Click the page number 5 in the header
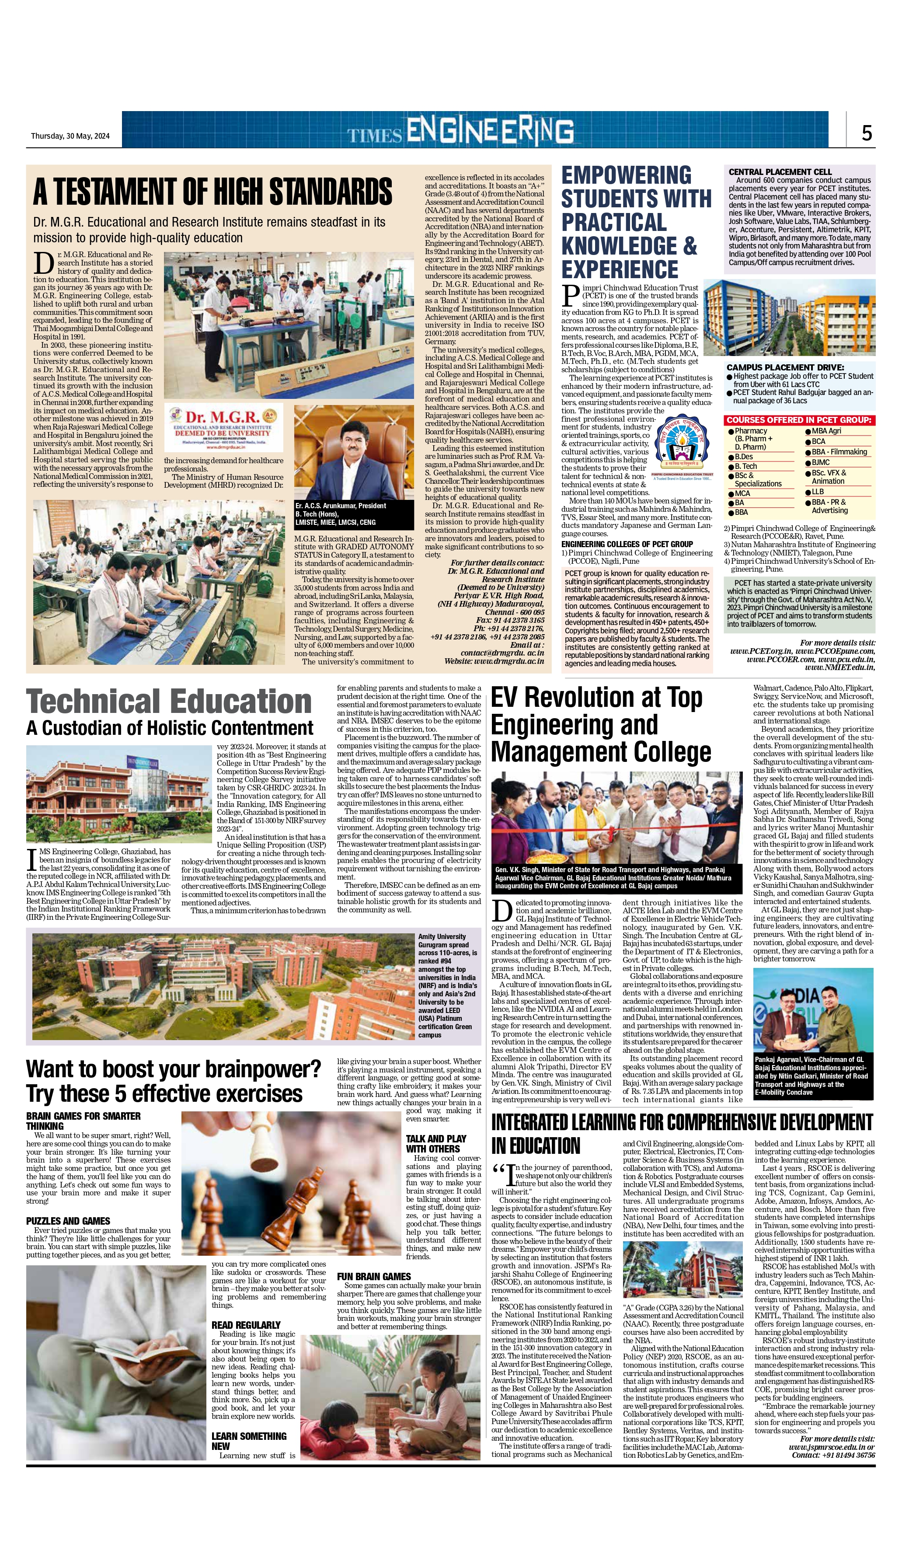click(867, 133)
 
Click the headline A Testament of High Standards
click(212, 192)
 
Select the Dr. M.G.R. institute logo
click(223, 427)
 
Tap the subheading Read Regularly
click(246, 1324)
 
